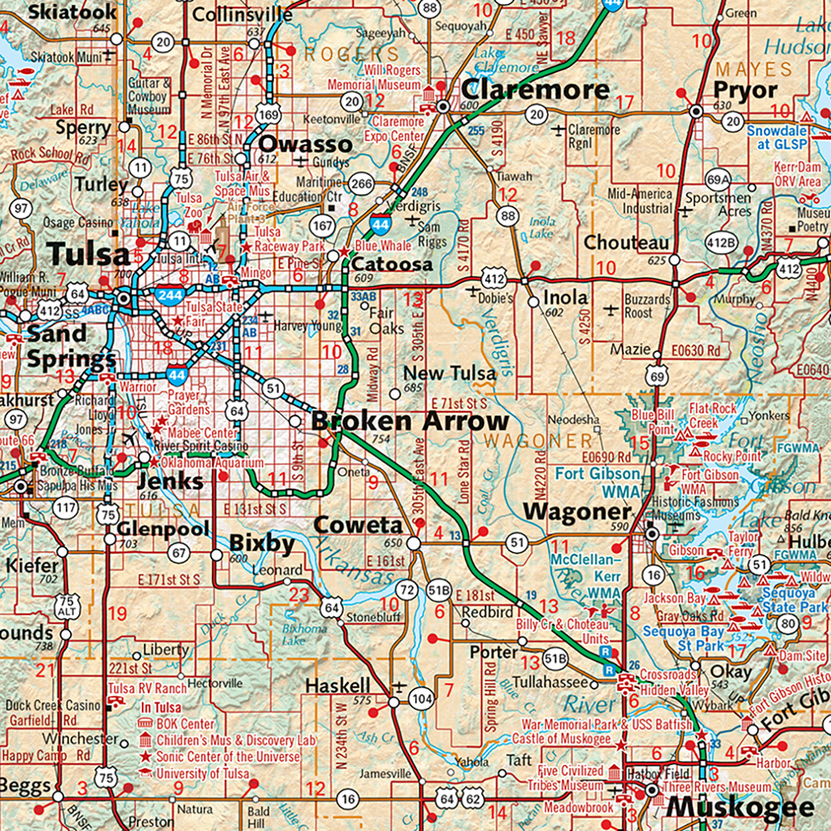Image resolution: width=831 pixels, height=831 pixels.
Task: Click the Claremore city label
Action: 535,89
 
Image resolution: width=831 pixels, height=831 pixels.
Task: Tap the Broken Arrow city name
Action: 410,421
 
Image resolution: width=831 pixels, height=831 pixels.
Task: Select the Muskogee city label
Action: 740,807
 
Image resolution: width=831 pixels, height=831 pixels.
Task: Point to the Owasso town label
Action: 305,144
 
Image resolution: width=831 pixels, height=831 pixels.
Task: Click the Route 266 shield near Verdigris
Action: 361,184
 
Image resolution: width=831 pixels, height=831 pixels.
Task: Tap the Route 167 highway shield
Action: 323,225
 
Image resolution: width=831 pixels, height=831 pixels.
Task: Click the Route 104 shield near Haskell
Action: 421,699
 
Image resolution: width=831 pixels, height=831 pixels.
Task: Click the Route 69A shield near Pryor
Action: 717,181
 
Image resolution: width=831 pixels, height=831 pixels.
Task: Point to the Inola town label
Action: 565,298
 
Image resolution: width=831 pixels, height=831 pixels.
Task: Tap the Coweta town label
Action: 358,526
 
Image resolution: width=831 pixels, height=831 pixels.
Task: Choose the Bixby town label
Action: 262,544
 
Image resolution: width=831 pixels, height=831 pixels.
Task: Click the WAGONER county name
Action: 538,440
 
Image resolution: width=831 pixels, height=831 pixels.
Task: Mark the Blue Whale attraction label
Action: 383,246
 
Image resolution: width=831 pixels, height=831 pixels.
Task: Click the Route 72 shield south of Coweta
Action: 408,591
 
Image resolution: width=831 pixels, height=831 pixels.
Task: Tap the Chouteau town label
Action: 626,243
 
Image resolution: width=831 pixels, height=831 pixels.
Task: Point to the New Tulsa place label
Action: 449,373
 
